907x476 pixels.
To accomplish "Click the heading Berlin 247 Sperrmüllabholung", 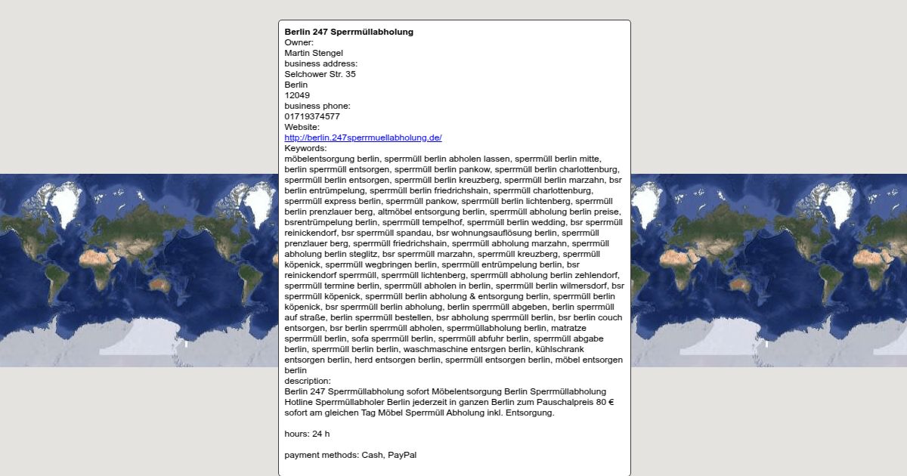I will click(348, 32).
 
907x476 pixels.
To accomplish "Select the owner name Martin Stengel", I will click(314, 53).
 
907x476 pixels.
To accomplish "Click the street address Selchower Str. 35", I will click(320, 74).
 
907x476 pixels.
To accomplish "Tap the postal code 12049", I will click(297, 95).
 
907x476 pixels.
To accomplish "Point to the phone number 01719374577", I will click(312, 116).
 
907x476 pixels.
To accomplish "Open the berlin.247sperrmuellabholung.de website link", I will click(363, 138).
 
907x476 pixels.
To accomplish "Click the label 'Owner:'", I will click(299, 42).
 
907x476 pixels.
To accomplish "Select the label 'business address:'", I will click(320, 63).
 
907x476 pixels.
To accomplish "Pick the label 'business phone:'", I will click(317, 106).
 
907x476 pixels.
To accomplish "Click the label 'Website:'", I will click(302, 127).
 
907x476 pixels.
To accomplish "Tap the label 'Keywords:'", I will click(305, 148).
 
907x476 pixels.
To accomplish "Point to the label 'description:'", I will click(308, 381).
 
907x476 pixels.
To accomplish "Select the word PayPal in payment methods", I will click(402, 455).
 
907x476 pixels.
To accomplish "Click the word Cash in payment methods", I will click(373, 455).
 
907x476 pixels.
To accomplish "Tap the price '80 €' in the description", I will click(605, 402).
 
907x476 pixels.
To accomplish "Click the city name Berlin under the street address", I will click(296, 85).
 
